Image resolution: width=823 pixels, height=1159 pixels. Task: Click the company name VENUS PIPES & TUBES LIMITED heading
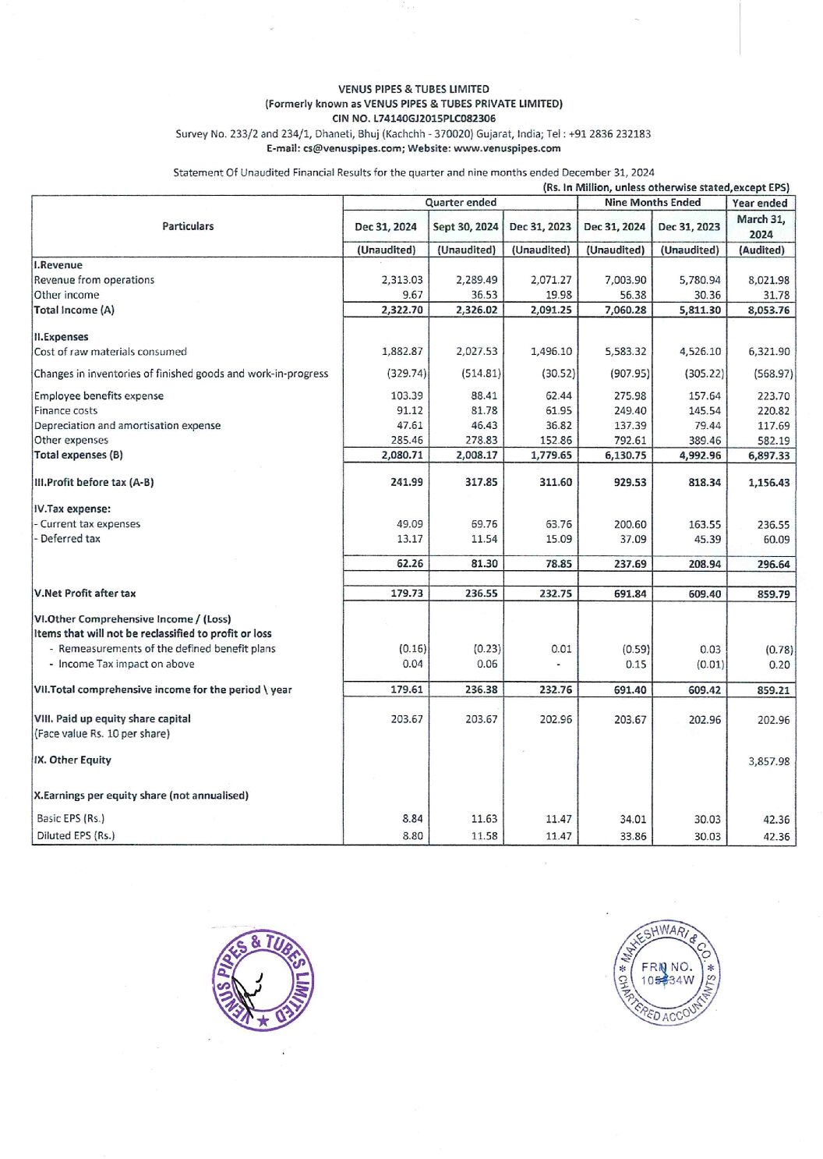click(x=413, y=89)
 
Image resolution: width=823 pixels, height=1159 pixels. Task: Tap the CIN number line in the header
click(x=413, y=119)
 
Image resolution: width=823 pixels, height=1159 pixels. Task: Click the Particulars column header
click(x=188, y=226)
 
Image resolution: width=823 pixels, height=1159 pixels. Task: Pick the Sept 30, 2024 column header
click(x=465, y=227)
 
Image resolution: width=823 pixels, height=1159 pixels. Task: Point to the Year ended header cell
click(x=760, y=203)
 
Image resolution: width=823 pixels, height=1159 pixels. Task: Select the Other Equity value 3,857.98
click(x=768, y=761)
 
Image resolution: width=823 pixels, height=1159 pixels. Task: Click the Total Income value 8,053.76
click(x=768, y=310)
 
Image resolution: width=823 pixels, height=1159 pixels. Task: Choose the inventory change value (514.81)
click(x=481, y=374)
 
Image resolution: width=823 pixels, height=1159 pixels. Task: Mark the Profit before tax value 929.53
click(x=630, y=482)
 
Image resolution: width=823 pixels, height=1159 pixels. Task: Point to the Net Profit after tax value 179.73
click(x=407, y=594)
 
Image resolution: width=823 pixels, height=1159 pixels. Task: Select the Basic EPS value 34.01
click(x=630, y=819)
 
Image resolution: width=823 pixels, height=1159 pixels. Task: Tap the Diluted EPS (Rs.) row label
click(x=76, y=835)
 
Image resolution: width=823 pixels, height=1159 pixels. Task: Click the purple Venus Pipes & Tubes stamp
click(x=263, y=980)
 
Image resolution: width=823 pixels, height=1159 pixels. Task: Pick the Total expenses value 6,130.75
click(x=625, y=455)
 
